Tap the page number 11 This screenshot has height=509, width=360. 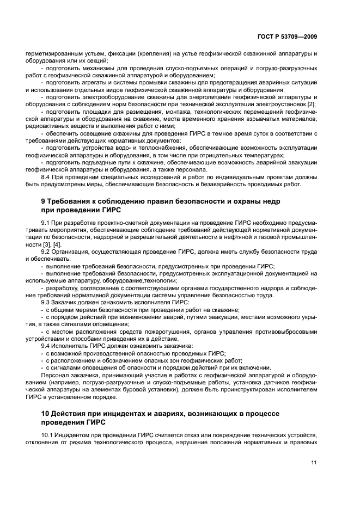coord(314,463)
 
